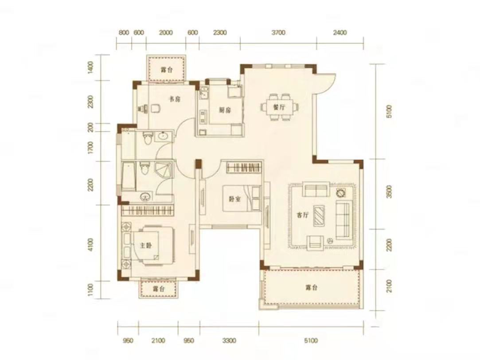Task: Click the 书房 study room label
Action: pyautogui.click(x=175, y=99)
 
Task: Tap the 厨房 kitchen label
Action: pyautogui.click(x=225, y=110)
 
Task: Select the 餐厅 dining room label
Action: pyautogui.click(x=279, y=107)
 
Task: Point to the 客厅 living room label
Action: pyautogui.click(x=302, y=215)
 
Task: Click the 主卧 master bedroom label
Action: pyautogui.click(x=146, y=246)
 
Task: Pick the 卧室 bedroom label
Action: pyautogui.click(x=235, y=199)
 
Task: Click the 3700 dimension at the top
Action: pyautogui.click(x=278, y=32)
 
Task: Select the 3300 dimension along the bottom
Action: pyautogui.click(x=229, y=340)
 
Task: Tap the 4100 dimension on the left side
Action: pyautogui.click(x=90, y=245)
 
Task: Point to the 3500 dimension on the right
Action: pyautogui.click(x=389, y=192)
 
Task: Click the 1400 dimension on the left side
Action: pyautogui.click(x=90, y=67)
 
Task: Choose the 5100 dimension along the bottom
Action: pyautogui.click(x=311, y=340)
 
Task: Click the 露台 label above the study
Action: pyautogui.click(x=167, y=70)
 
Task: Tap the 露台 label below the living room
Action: pyautogui.click(x=311, y=288)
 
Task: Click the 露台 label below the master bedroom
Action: pyautogui.click(x=159, y=289)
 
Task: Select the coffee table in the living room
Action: pyautogui.click(x=319, y=215)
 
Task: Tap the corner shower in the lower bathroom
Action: pyautogui.click(x=164, y=170)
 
